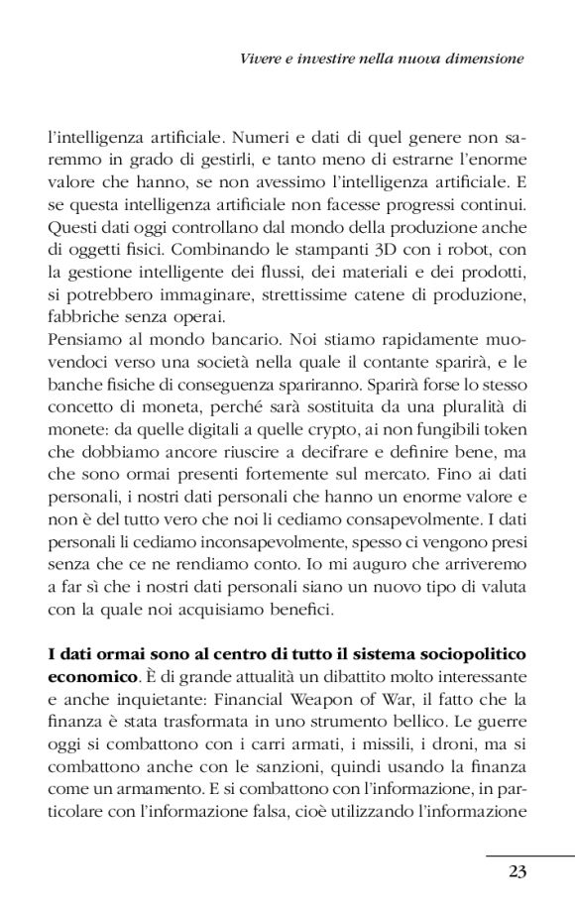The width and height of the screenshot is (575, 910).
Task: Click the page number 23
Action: (x=516, y=871)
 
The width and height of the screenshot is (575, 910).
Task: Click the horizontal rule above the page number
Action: (x=529, y=854)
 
